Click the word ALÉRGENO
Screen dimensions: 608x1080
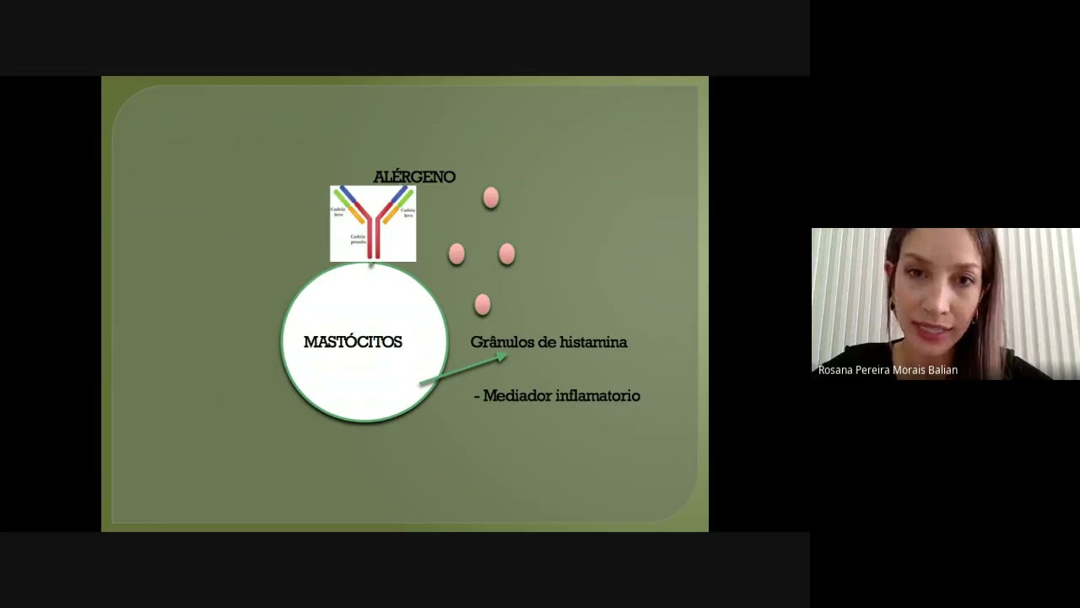(414, 176)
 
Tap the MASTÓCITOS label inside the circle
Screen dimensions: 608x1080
(353, 342)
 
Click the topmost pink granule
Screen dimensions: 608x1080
(491, 198)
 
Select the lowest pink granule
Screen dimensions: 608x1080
(483, 304)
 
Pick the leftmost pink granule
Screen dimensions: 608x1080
(456, 253)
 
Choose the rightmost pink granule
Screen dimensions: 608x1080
(506, 253)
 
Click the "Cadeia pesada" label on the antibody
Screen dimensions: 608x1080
(358, 239)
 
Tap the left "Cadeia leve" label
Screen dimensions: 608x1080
(338, 211)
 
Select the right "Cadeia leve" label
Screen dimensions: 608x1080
(408, 212)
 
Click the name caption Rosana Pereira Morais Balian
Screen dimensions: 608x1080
(888, 370)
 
